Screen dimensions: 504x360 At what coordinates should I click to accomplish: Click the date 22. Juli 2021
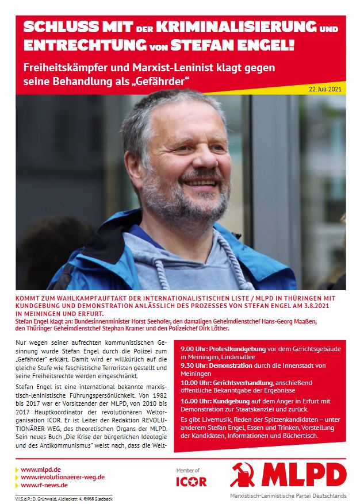[x=325, y=89]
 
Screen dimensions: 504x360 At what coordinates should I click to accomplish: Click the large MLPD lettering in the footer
[x=304, y=475]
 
